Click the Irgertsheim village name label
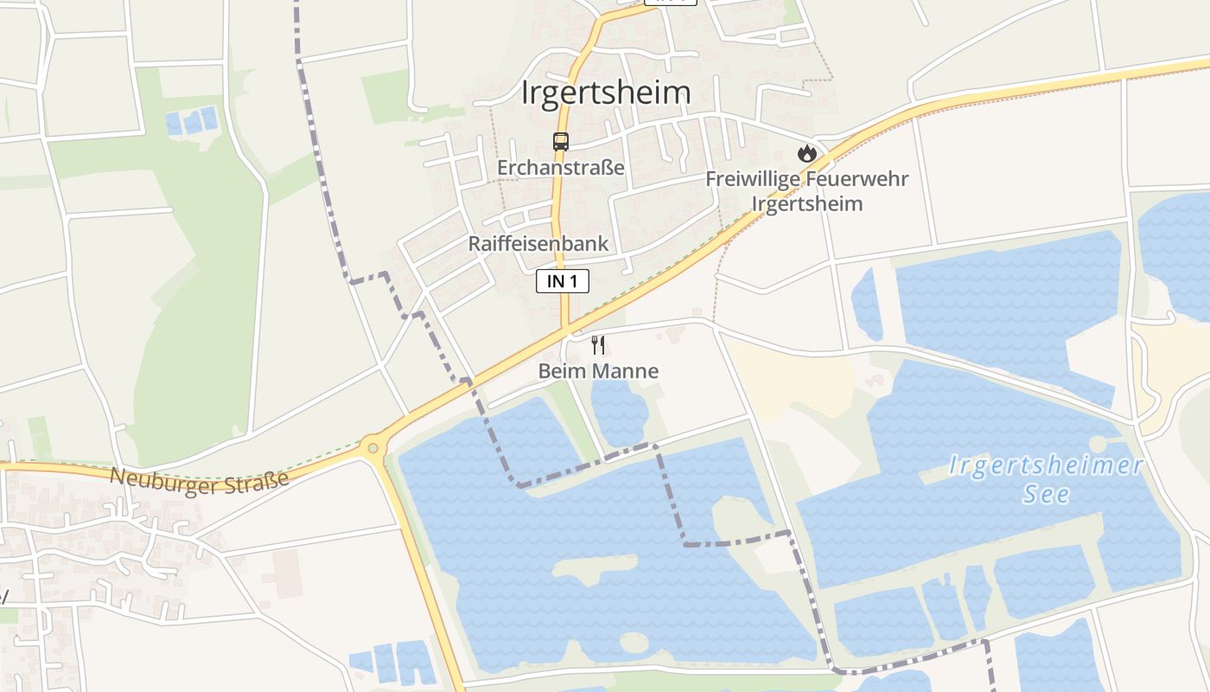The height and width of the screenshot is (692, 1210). [x=606, y=93]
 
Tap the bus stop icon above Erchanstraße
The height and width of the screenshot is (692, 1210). [x=561, y=142]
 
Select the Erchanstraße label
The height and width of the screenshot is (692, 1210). [x=560, y=167]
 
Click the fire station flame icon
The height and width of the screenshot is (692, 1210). [x=807, y=154]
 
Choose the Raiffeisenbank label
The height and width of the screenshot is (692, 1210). [x=538, y=244]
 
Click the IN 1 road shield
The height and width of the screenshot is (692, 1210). [x=563, y=281]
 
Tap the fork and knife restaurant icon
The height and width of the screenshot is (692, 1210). [x=598, y=345]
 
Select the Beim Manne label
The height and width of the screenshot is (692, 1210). [x=598, y=371]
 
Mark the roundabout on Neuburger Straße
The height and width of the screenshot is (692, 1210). [x=373, y=447]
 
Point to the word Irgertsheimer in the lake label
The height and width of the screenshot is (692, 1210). [x=1046, y=466]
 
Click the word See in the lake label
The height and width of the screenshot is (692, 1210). [x=1047, y=495]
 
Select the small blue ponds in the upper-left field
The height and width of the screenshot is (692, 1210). [x=192, y=122]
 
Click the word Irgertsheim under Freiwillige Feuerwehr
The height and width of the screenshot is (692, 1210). [x=807, y=204]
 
